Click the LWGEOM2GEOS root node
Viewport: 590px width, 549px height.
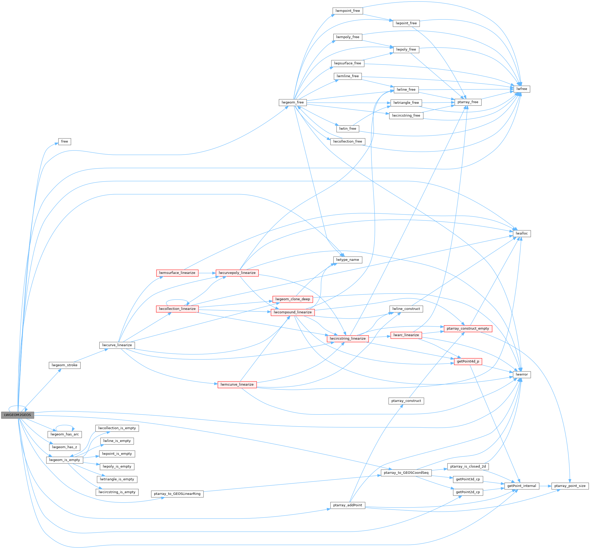17,415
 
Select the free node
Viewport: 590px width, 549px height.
64,141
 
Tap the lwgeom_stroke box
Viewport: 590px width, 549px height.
64,365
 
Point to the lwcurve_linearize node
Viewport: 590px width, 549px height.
117,345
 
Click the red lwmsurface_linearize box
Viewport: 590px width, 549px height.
177,273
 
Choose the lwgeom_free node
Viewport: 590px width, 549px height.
293,102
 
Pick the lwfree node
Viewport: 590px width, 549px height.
521,89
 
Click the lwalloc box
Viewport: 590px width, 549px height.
521,233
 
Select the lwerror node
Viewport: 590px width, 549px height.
521,374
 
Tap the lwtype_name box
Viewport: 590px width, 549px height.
348,260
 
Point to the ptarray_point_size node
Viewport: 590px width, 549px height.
570,486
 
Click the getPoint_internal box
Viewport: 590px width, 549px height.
521,486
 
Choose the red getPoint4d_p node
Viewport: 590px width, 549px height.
468,361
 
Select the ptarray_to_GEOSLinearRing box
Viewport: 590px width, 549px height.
177,494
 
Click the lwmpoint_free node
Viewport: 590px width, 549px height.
348,11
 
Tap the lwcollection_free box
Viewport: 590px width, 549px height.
348,141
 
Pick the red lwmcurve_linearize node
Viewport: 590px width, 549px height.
237,385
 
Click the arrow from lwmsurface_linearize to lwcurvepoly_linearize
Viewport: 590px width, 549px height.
207,273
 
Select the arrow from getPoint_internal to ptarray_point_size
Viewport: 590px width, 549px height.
545,486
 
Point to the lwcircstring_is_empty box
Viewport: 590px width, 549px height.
117,492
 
